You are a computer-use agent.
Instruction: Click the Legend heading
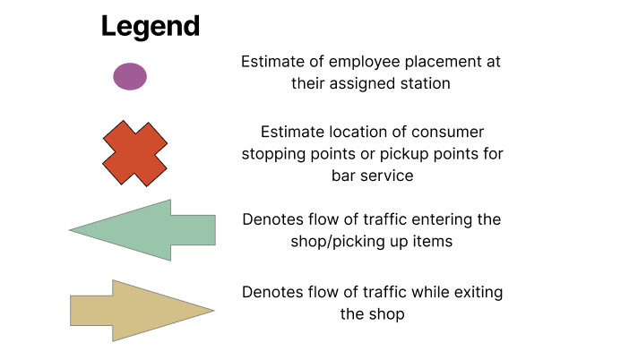tap(151, 27)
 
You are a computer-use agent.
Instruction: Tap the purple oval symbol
tap(130, 76)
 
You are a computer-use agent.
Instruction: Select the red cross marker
tap(134, 153)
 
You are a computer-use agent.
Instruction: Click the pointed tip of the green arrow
tap(70, 230)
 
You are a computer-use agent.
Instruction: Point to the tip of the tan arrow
tap(214, 311)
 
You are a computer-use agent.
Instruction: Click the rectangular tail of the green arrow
tap(194, 230)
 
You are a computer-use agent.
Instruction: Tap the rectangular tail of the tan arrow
tap(91, 311)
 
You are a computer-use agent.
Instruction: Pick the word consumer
tap(447, 133)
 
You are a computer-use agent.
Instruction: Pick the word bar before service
tap(343, 176)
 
